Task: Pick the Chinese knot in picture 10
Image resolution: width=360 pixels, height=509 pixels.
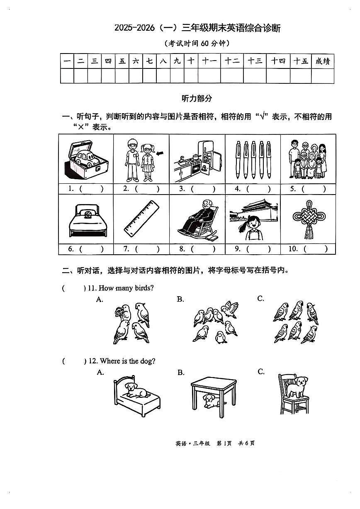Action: pos(308,219)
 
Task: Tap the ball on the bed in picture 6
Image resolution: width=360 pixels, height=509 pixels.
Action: pos(88,215)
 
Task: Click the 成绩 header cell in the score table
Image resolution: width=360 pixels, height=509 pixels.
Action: pos(322,61)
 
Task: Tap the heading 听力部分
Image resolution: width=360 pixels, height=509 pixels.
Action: pos(197,98)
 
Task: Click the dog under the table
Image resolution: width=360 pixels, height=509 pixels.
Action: pos(209,400)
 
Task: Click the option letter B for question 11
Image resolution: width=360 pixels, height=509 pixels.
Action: pos(180,299)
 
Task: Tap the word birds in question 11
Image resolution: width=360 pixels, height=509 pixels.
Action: pos(144,288)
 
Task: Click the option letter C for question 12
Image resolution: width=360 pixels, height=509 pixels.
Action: pos(261,372)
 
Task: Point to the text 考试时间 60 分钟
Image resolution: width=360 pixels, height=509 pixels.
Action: pos(197,43)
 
